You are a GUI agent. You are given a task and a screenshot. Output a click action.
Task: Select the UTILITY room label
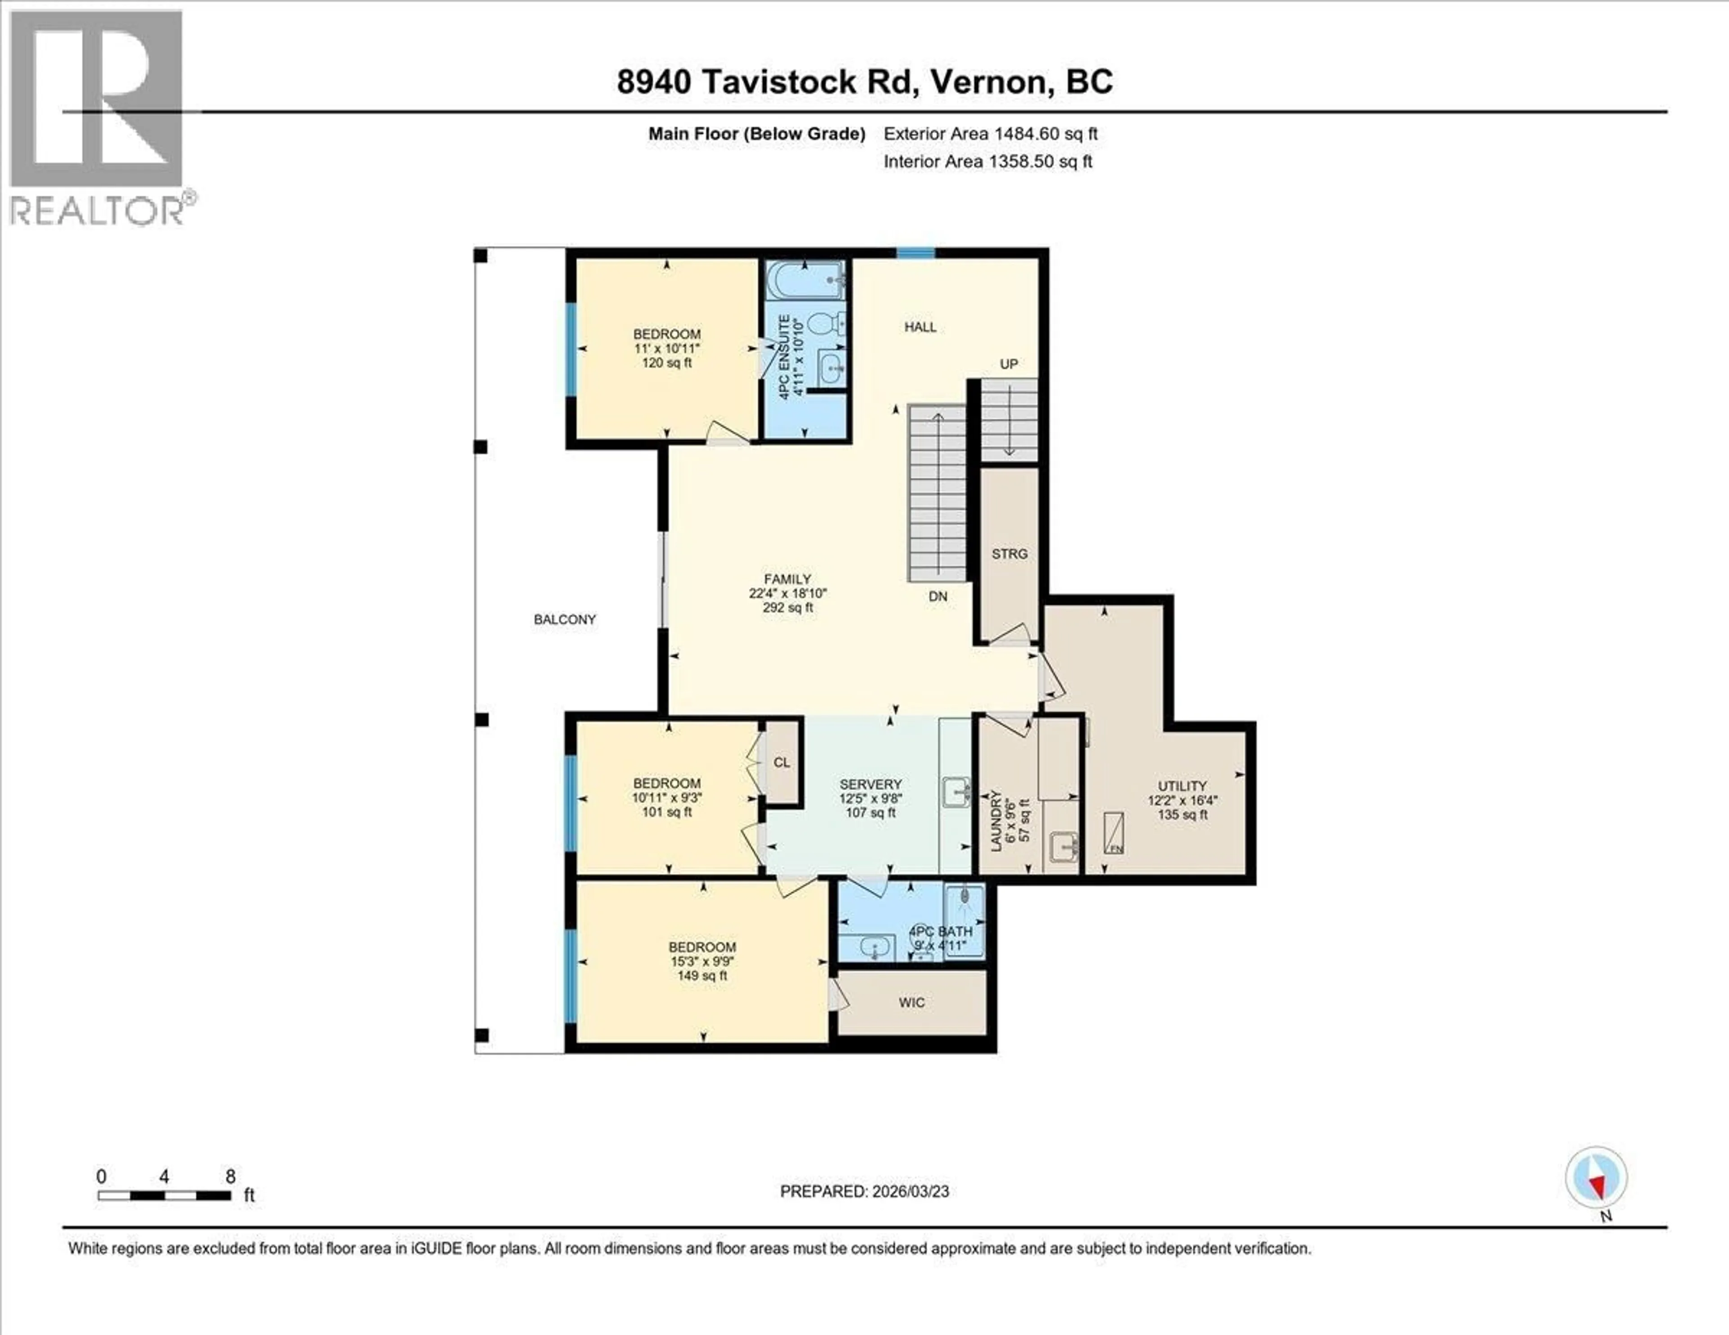(x=1182, y=786)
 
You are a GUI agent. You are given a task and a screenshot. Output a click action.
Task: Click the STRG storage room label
(x=1009, y=554)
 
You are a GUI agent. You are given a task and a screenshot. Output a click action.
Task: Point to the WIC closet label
(x=911, y=1003)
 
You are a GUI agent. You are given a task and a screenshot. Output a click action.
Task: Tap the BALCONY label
(x=565, y=620)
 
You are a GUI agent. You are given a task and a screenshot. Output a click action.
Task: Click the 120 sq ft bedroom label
(x=666, y=348)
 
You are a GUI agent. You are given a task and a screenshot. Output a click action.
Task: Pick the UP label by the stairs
(x=1008, y=364)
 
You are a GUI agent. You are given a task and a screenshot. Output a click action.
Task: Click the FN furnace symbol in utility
(x=1115, y=833)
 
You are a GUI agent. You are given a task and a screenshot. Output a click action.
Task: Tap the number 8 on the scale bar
(x=231, y=1177)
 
